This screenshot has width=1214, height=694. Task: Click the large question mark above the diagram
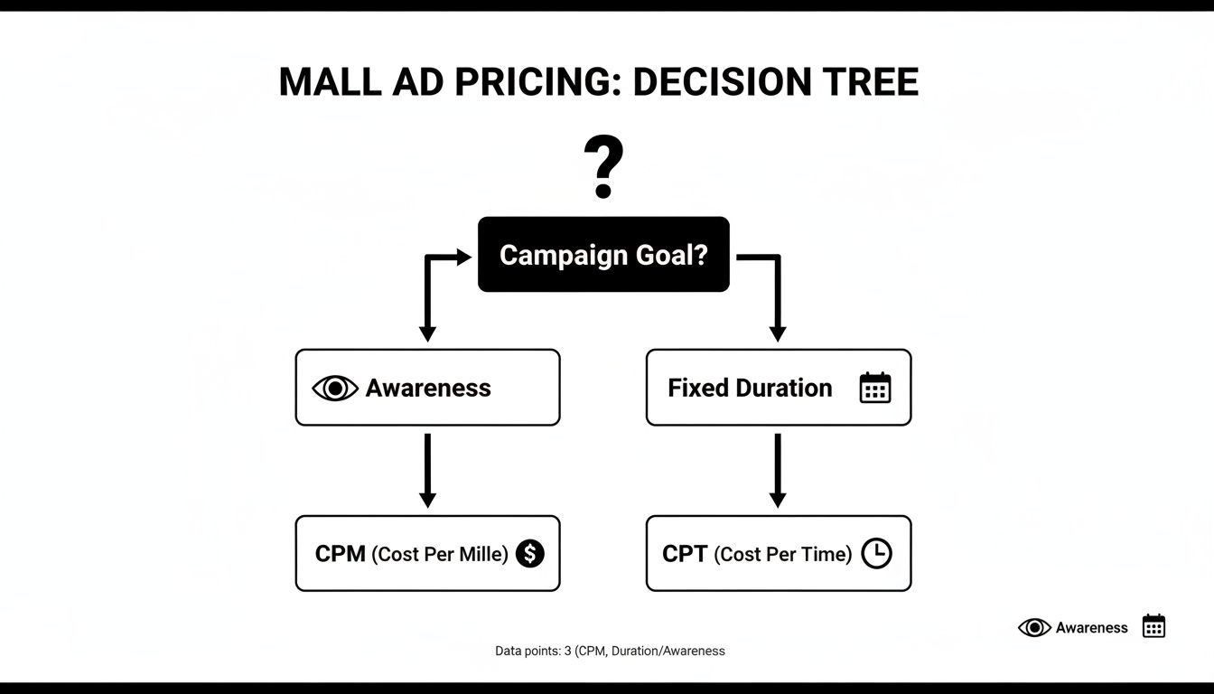click(x=603, y=166)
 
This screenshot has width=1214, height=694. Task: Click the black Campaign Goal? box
click(x=603, y=255)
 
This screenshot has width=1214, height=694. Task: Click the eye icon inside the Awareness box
click(x=335, y=389)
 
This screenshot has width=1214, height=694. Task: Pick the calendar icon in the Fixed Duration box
click(x=874, y=388)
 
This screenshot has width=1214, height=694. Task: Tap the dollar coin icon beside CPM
click(x=530, y=553)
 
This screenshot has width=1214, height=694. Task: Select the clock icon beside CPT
click(x=876, y=553)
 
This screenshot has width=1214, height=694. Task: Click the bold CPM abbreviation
click(x=340, y=554)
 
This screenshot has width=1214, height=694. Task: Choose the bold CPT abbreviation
click(x=685, y=554)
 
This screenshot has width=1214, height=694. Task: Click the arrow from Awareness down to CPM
click(x=427, y=470)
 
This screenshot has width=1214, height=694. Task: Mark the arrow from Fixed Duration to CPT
click(x=778, y=470)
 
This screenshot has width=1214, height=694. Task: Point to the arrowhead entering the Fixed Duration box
click(x=778, y=333)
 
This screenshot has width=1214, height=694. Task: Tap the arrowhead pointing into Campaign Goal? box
click(x=463, y=258)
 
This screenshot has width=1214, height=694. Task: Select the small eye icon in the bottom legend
click(x=1034, y=627)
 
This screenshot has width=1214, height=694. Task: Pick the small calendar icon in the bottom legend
click(x=1153, y=626)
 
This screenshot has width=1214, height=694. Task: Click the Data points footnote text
click(x=610, y=651)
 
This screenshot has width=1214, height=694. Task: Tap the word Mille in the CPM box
click(x=481, y=554)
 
